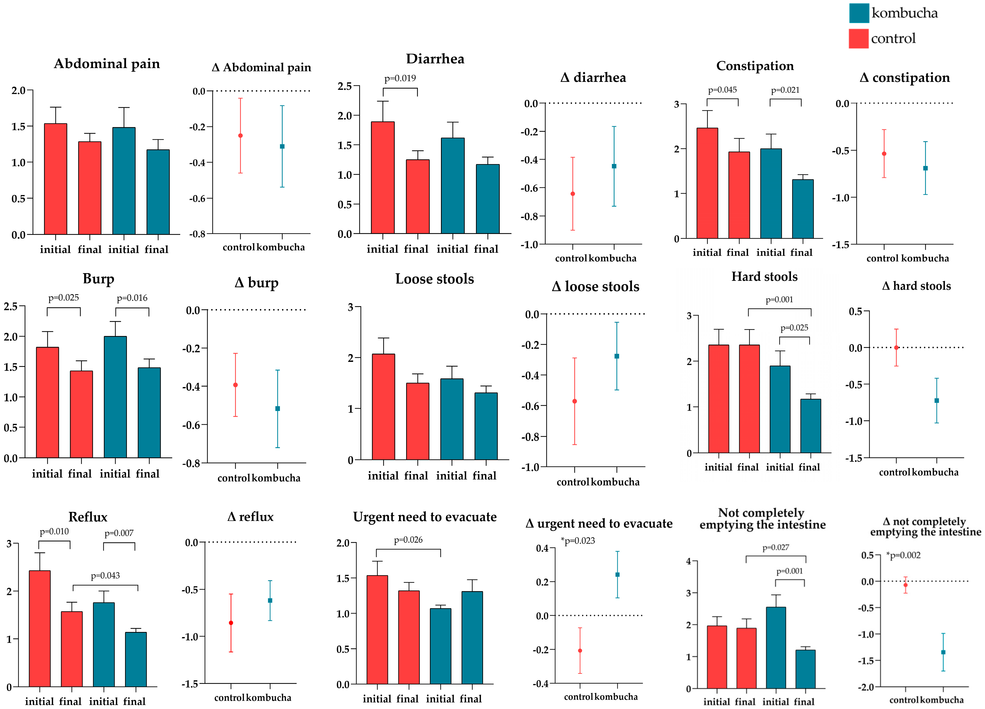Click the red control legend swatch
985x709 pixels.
859,39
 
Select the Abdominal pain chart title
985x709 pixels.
107,64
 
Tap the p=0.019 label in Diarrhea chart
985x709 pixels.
400,78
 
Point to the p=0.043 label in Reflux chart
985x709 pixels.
105,575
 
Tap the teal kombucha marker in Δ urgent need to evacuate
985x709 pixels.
617,574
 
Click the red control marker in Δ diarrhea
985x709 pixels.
572,194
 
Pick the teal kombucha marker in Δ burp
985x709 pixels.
277,409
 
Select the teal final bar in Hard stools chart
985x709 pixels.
810,426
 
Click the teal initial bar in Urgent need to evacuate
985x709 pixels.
440,646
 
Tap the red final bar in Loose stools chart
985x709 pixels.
417,421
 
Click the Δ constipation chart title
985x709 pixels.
905,78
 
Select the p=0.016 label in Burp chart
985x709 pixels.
132,298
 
